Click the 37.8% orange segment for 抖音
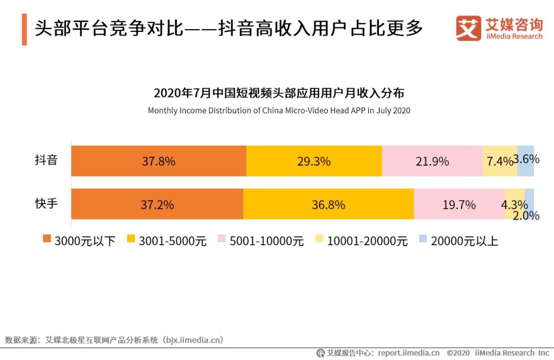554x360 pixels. pyautogui.click(x=159, y=161)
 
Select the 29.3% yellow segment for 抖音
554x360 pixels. pyautogui.click(x=314, y=161)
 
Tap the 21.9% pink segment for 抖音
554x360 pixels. pyautogui.click(x=432, y=161)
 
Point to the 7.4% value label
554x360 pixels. pyautogui.click(x=500, y=162)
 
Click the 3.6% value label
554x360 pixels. pyautogui.click(x=526, y=159)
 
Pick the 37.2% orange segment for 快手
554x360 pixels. pyautogui.click(x=157, y=205)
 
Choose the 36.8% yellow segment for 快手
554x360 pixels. pyautogui.click(x=328, y=205)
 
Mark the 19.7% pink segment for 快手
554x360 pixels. pyautogui.click(x=459, y=205)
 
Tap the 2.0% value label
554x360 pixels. pyautogui.click(x=526, y=216)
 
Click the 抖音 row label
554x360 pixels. pyautogui.click(x=46, y=160)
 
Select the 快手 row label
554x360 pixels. pyautogui.click(x=46, y=204)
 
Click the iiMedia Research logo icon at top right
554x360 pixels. pyautogui.click(x=468, y=28)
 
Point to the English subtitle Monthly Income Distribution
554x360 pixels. pyautogui.click(x=279, y=110)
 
